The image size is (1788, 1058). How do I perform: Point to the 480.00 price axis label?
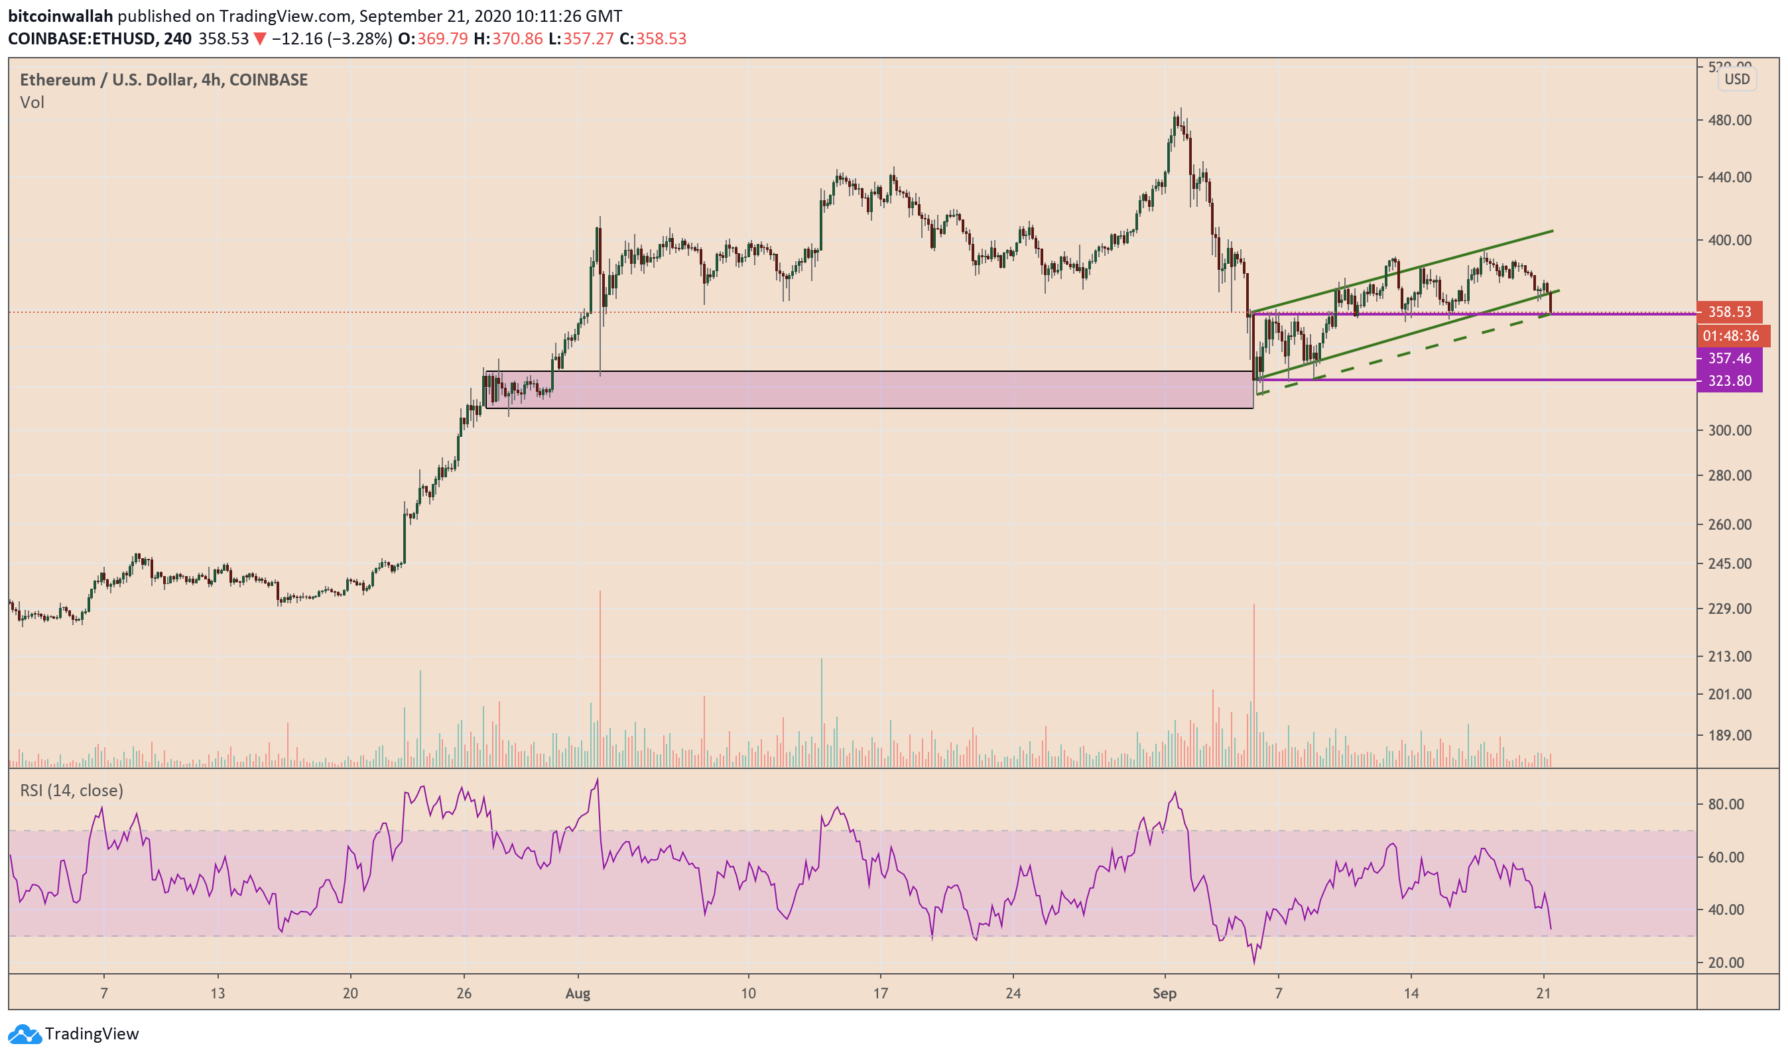(x=1729, y=121)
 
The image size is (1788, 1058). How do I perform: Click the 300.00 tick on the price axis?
(x=1729, y=431)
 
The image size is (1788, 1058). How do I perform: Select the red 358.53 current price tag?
(x=1729, y=312)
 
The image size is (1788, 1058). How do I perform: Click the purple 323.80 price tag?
(x=1729, y=381)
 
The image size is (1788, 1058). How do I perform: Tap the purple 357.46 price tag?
(x=1729, y=359)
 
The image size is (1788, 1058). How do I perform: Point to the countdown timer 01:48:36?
(x=1730, y=336)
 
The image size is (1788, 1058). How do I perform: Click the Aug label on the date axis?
(x=578, y=994)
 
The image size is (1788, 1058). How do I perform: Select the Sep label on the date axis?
(x=1164, y=994)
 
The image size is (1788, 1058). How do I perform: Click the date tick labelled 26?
(x=464, y=994)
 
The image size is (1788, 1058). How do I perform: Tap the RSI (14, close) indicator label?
(x=72, y=791)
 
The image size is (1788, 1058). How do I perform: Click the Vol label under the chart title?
(x=32, y=103)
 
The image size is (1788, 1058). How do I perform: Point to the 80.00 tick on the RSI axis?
(x=1726, y=804)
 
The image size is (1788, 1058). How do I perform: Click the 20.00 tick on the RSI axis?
(x=1726, y=963)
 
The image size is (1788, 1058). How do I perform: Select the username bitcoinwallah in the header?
(x=60, y=16)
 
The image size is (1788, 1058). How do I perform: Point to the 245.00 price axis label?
(x=1729, y=564)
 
